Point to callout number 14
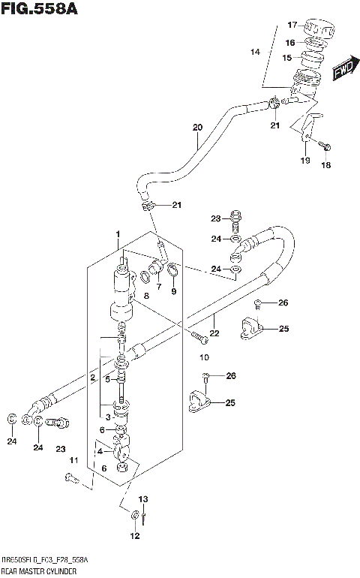255,53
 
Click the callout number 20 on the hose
197,127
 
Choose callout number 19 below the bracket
304,161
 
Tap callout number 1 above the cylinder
118,235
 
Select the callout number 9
173,292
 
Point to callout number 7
158,285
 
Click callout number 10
203,357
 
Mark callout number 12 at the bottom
135,536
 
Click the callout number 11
73,459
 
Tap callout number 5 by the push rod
107,380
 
